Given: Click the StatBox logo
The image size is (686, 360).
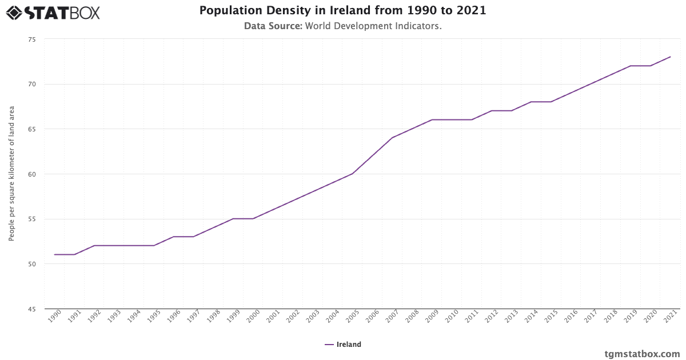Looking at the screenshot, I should click(53, 12).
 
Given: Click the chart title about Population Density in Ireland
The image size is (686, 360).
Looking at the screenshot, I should click(342, 10).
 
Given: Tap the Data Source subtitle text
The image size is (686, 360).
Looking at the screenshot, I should click(342, 26).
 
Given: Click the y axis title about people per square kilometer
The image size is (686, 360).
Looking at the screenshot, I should click(11, 173).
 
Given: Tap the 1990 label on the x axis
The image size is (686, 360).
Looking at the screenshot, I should click(55, 316).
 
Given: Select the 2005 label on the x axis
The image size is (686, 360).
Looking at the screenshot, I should click(353, 316).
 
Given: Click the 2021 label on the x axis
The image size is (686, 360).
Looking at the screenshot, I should click(671, 316).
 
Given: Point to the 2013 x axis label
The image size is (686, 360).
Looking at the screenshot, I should click(512, 316).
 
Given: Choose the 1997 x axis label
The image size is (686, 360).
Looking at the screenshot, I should click(194, 316).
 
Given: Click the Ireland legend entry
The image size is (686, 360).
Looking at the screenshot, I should click(343, 345).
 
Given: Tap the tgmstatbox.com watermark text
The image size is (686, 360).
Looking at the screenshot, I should click(642, 354).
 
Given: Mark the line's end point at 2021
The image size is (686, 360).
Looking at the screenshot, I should click(670, 57).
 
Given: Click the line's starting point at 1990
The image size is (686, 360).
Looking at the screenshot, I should click(54, 255).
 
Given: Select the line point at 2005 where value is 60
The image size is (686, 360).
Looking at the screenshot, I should click(352, 174).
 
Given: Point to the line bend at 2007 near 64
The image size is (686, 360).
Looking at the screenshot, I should click(392, 138).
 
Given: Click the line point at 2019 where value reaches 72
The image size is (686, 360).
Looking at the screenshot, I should click(631, 66).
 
